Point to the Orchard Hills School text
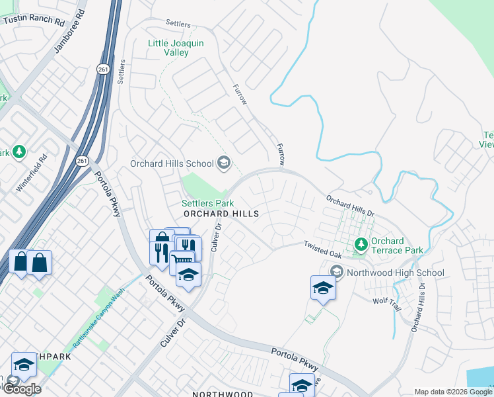(172, 163)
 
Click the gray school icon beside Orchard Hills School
(224, 163)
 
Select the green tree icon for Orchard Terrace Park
(361, 245)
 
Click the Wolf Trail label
(387, 300)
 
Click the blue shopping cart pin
(182, 261)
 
